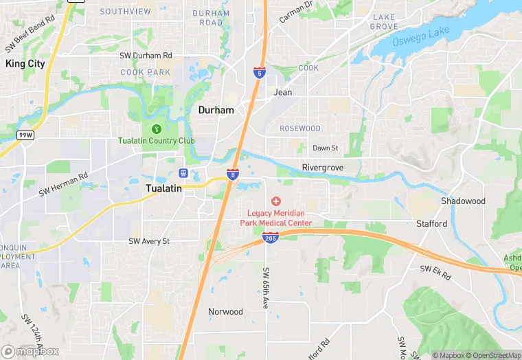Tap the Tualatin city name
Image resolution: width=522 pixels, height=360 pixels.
tap(163, 188)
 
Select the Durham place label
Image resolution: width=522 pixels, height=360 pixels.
tap(216, 110)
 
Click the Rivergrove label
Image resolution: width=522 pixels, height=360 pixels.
tap(322, 167)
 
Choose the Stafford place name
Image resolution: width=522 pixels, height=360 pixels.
tap(431, 223)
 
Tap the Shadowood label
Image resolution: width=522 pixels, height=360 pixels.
tap(463, 201)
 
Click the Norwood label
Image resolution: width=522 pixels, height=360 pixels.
tap(225, 311)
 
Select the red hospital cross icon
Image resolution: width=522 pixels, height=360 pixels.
tap(276, 201)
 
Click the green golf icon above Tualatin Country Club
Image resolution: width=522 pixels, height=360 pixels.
tap(156, 128)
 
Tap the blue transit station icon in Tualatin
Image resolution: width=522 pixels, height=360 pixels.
tap(183, 172)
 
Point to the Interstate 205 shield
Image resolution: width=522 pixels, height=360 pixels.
tap(270, 238)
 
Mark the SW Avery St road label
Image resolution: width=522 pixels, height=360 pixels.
tap(148, 241)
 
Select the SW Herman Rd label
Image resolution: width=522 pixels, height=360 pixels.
tap(63, 184)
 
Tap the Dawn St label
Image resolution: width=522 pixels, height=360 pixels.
tap(326, 148)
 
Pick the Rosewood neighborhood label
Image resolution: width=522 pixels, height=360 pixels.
tap(300, 128)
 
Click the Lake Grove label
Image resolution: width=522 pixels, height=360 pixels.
tap(384, 21)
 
